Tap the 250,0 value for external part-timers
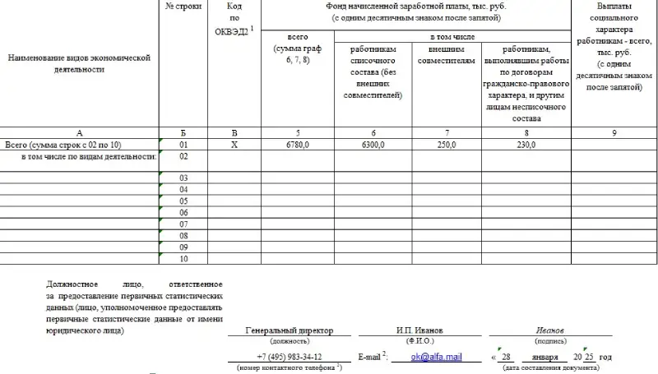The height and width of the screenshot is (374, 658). [447, 145]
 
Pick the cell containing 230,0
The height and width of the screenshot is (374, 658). [526, 145]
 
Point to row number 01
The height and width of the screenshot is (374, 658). [183, 145]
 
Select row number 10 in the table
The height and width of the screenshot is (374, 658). [183, 259]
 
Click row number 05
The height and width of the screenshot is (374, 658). [183, 201]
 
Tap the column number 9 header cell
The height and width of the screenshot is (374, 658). [614, 132]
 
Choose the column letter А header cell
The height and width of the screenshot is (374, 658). [79, 132]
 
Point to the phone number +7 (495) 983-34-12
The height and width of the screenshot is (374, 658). [289, 358]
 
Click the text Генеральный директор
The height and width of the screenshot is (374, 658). [289, 330]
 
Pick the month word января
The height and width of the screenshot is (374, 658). [544, 358]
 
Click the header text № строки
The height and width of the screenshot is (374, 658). [183, 7]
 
